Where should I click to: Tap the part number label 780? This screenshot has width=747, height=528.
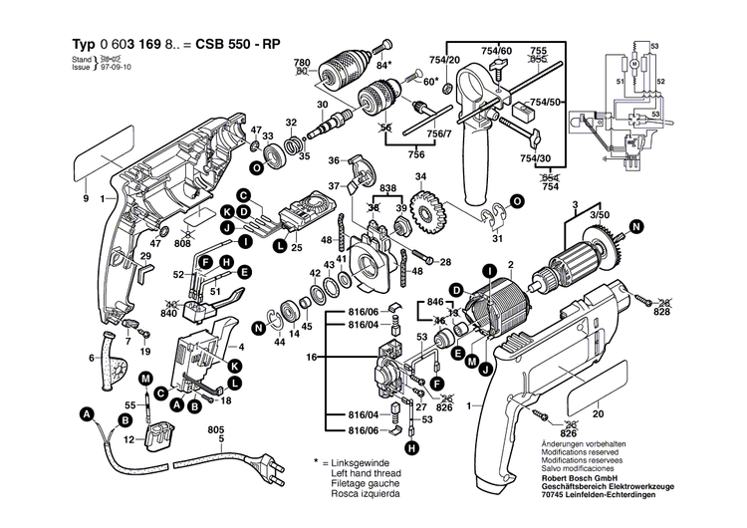(x=302, y=63)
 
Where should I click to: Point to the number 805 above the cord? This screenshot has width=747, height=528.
(x=215, y=429)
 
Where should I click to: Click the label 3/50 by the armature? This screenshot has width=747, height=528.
(x=599, y=214)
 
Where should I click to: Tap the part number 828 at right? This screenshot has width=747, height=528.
(x=662, y=313)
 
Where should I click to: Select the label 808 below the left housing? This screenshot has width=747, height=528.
(x=182, y=243)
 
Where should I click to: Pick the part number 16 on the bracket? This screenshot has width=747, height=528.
(x=310, y=356)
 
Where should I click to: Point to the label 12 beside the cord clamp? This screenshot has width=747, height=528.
(x=127, y=439)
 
